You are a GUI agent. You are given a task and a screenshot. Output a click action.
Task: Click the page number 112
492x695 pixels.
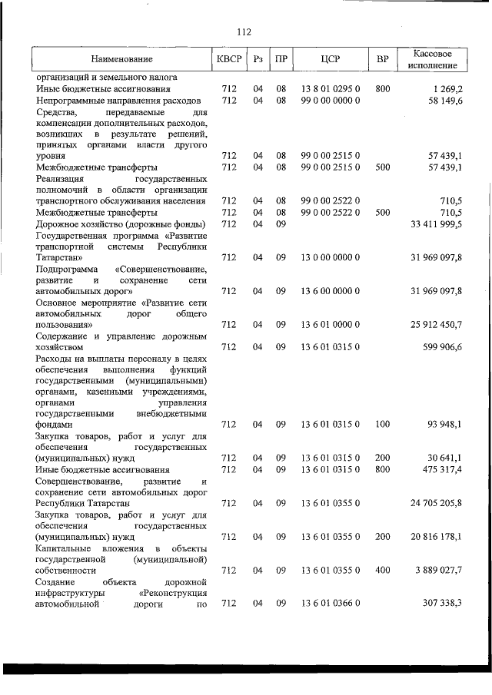(x=244, y=32)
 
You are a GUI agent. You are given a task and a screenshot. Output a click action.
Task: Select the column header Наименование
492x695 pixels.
(x=121, y=59)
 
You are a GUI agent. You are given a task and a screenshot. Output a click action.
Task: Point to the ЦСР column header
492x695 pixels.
(x=330, y=59)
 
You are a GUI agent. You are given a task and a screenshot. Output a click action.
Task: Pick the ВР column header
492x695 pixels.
(x=383, y=59)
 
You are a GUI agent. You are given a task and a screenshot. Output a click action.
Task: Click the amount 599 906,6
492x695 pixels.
(x=440, y=347)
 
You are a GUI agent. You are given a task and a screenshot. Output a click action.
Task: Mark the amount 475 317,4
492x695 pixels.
(x=440, y=469)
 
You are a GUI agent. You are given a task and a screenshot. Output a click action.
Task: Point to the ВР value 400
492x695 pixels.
(x=383, y=571)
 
